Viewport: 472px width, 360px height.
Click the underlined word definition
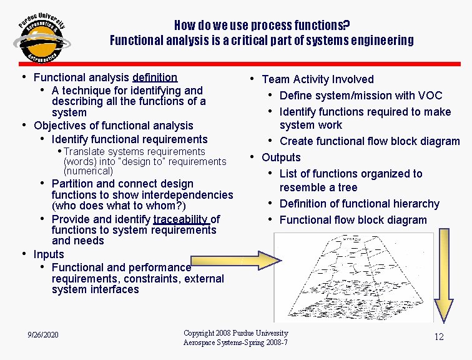[155, 77]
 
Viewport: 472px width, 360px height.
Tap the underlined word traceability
[180, 219]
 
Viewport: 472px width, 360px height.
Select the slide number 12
[439, 337]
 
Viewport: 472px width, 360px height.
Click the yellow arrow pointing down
[445, 275]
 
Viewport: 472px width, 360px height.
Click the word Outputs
[281, 157]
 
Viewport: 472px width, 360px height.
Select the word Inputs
[49, 254]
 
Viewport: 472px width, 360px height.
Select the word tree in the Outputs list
[347, 187]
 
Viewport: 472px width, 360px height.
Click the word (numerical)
[88, 171]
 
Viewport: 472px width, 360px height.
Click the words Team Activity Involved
[318, 79]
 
